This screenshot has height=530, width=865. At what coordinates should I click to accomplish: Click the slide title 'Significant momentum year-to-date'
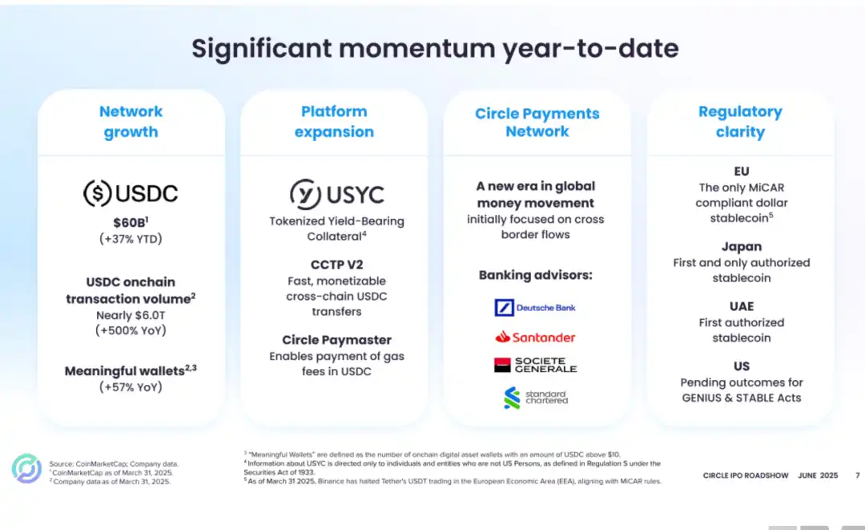click(435, 49)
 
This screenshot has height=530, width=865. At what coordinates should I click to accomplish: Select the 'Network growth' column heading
click(131, 121)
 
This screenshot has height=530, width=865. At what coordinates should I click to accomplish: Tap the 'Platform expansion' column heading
click(334, 121)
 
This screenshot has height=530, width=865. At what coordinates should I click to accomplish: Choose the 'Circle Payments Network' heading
click(537, 122)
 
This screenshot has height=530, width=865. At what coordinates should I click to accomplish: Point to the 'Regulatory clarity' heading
click(740, 121)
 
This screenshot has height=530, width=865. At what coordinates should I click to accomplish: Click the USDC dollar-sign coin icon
click(97, 193)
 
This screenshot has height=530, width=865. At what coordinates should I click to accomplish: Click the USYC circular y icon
click(305, 194)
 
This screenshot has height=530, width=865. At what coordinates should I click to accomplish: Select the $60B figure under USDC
click(131, 222)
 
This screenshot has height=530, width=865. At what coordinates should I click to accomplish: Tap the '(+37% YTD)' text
click(131, 239)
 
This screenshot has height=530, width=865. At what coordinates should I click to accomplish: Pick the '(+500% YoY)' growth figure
click(131, 330)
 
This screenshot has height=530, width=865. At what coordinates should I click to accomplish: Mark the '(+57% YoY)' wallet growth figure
click(131, 387)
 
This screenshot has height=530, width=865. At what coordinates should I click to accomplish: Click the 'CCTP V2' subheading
click(336, 265)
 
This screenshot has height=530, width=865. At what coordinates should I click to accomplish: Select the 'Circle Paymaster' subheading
click(336, 340)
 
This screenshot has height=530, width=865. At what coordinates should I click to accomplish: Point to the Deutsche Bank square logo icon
click(505, 308)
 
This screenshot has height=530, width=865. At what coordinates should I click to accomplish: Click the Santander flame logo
click(502, 336)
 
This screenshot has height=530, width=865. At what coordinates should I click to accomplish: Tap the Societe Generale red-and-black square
click(502, 365)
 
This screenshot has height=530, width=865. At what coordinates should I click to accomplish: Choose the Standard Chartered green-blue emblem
click(512, 398)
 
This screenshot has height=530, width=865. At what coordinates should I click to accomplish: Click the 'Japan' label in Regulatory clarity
click(742, 247)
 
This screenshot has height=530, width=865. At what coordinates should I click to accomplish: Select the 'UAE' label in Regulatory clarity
click(742, 306)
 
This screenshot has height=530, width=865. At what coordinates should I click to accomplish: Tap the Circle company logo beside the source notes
click(26, 469)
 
